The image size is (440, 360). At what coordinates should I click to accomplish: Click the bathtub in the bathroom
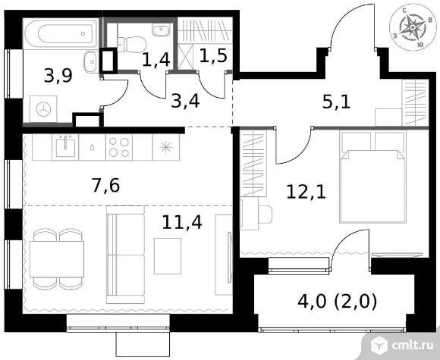coord(61,34)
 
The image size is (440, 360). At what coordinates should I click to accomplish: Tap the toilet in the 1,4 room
coord(132,44)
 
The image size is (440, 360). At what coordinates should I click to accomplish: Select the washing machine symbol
coord(43,109)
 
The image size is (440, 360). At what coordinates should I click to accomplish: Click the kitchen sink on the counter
coord(65,146)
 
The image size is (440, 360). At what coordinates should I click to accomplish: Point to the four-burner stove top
coord(119,147)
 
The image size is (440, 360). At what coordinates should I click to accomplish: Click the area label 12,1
coord(306,193)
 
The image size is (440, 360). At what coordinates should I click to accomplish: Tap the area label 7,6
coord(105,186)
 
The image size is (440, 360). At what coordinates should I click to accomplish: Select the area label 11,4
coord(182,223)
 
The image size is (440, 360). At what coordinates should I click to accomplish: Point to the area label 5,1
coord(337,102)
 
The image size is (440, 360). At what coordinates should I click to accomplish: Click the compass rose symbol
coord(413,27)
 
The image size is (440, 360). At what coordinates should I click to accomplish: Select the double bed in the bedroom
coord(373,177)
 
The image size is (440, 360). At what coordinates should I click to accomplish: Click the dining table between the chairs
coord(57,259)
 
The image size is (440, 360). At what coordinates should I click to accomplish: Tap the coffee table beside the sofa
coord(168,256)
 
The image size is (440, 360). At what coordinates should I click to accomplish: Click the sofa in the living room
coord(125,255)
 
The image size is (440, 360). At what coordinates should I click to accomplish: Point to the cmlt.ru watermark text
coord(408,346)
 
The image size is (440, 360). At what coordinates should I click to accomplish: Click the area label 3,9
coord(58,76)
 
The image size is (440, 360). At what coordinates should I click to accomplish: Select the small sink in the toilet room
coord(162,30)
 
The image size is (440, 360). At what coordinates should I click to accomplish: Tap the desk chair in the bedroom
coord(266,214)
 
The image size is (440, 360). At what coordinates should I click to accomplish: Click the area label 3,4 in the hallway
coord(186,102)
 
